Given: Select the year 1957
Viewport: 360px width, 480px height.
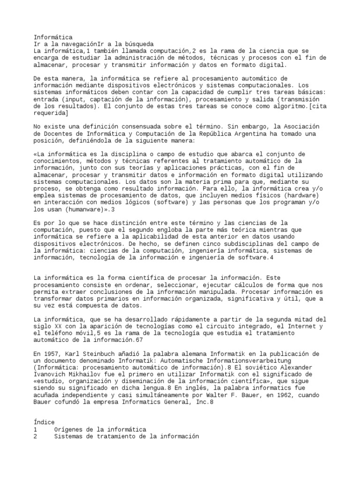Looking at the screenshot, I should coord(53,353).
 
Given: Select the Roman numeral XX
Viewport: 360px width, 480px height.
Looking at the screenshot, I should coord(60,326).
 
